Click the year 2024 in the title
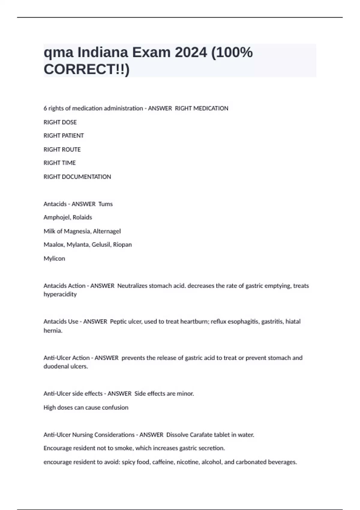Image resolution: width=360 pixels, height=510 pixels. [x=191, y=52]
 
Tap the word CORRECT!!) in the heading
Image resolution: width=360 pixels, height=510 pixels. [x=86, y=69]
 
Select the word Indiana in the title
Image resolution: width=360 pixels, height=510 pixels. [x=103, y=52]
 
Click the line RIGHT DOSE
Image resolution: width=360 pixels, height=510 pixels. [x=60, y=122]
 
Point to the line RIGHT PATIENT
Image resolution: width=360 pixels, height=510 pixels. [x=64, y=136]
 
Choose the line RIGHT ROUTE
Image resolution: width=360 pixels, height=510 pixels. [x=62, y=149]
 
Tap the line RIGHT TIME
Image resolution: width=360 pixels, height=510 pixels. [x=60, y=163]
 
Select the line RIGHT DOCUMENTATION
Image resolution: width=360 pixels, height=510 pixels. [x=77, y=177]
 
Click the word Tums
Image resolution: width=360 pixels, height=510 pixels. [x=106, y=204]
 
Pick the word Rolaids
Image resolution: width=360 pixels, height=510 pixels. [x=82, y=217]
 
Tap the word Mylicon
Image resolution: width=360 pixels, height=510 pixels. [x=54, y=258]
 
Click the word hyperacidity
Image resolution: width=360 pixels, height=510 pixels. [x=60, y=294]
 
